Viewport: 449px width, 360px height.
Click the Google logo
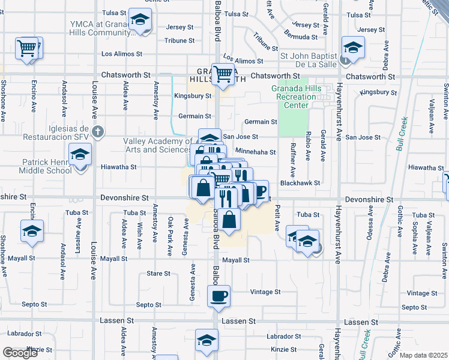pyautogui.click(x=20, y=353)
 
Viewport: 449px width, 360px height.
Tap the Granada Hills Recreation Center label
pyautogui.click(x=297, y=97)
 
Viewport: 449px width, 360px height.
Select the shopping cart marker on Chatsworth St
pyautogui.click(x=223, y=74)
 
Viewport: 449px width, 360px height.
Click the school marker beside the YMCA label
pyautogui.click(x=140, y=20)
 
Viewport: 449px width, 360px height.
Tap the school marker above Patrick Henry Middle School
pyautogui.click(x=80, y=154)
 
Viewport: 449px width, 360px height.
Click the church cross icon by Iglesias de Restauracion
pyautogui.click(x=100, y=131)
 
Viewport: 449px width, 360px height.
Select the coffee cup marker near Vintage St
pyautogui.click(x=218, y=295)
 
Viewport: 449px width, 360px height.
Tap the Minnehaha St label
pyautogui.click(x=255, y=152)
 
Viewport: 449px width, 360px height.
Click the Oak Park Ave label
pyautogui.click(x=170, y=229)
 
